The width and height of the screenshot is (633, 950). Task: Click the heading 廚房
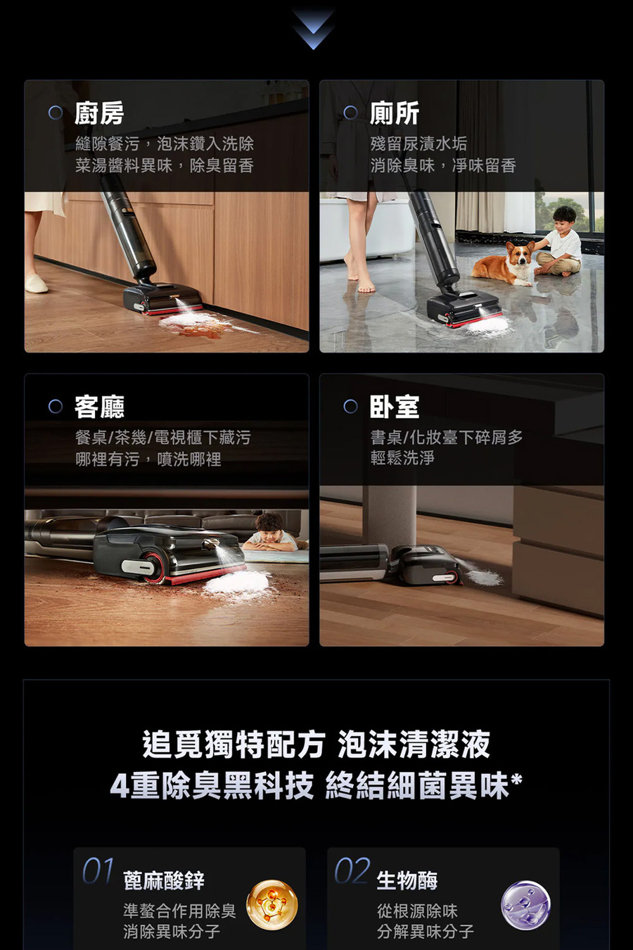[x=99, y=113]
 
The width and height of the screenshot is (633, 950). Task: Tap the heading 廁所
[x=395, y=113]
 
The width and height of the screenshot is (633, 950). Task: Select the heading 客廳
[x=99, y=407]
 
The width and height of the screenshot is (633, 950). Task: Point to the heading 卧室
[x=395, y=407]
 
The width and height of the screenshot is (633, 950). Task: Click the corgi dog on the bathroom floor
[x=504, y=264]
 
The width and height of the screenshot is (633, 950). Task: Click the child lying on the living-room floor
[x=271, y=533]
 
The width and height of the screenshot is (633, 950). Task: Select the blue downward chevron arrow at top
[x=313, y=29]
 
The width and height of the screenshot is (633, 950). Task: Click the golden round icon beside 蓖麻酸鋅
[x=271, y=905]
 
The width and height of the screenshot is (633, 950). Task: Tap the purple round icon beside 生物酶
[x=525, y=905]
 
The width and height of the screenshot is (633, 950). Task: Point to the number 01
[x=98, y=871]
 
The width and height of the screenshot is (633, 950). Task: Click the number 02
[x=352, y=871]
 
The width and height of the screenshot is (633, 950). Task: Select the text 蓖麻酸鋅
[x=164, y=880]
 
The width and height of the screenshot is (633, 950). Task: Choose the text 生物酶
[x=407, y=880]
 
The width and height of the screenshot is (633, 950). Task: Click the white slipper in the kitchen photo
[x=36, y=284]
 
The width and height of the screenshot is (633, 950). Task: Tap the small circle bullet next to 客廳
[x=56, y=407]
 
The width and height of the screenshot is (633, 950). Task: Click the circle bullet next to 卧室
[x=350, y=407]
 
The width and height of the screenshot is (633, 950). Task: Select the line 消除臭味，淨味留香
[x=443, y=166]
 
